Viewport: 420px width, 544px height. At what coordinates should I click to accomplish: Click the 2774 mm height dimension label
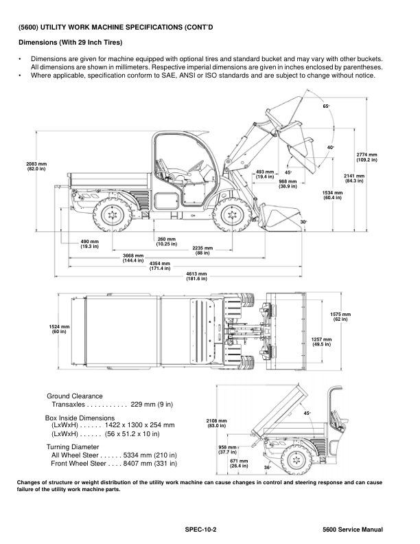[x=366, y=157]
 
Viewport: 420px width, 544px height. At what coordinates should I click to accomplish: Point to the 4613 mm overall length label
[x=197, y=276]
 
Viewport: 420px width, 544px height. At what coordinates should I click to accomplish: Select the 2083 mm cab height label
[x=36, y=166]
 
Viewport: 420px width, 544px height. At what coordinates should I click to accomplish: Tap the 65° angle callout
[x=326, y=106]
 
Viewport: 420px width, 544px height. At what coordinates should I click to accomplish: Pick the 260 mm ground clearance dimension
[x=167, y=241]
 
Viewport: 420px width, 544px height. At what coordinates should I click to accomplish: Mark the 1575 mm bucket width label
[x=340, y=317]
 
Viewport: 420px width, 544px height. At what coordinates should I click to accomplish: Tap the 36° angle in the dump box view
[x=268, y=467]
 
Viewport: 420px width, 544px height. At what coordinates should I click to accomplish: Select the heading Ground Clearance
[x=74, y=396]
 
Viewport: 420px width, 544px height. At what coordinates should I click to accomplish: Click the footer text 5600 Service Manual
[x=352, y=530]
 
